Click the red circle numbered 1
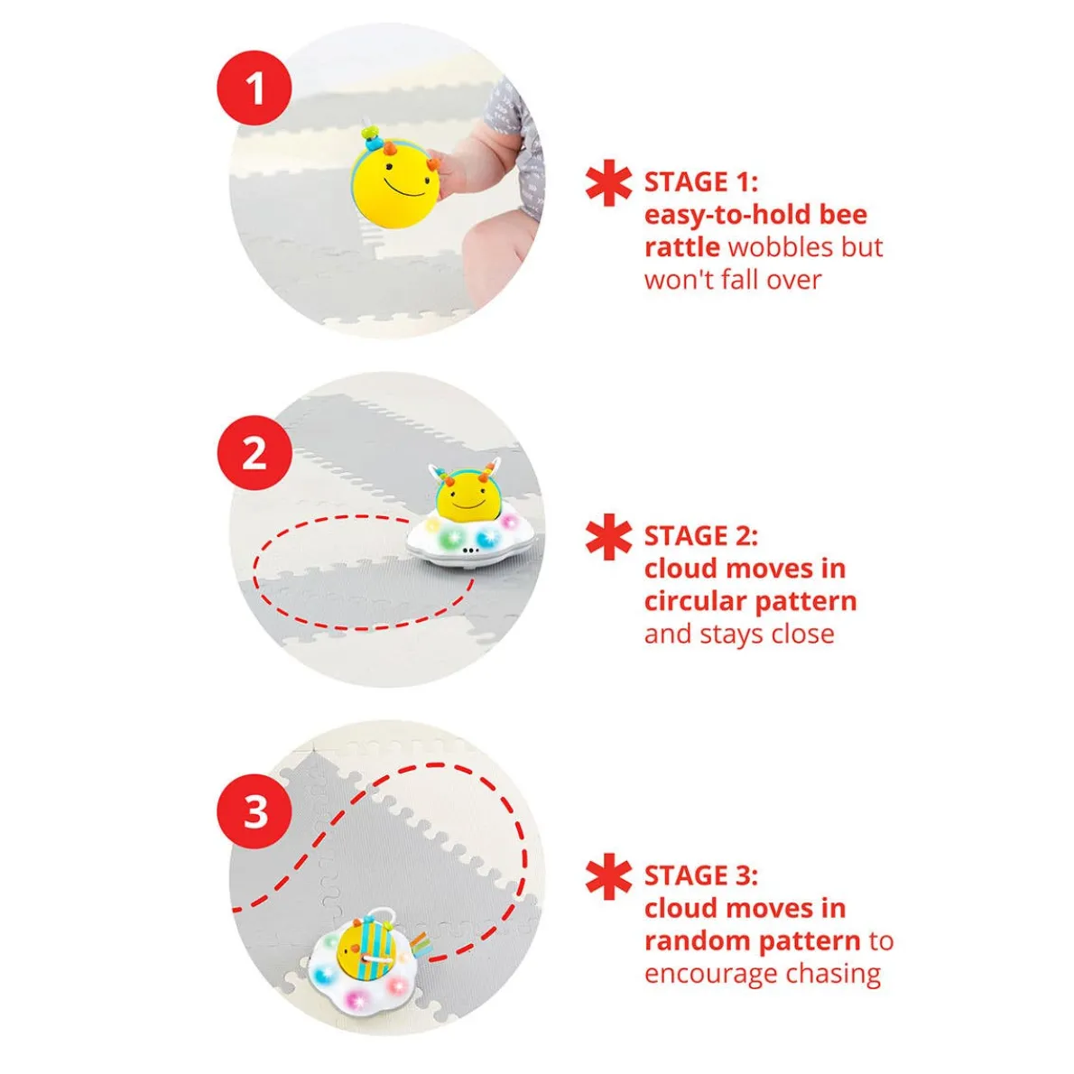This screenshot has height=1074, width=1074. tap(255, 88)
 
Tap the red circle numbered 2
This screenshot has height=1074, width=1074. tap(255, 453)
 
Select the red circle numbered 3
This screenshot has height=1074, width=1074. tap(255, 811)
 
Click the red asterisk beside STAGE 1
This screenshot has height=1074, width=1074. tap(608, 183)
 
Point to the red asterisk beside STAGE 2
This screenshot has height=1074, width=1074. tap(608, 537)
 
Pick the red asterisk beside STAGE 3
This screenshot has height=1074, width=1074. tap(608, 876)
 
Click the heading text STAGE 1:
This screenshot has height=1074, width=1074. tap(700, 182)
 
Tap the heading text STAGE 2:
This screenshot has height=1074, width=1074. tap(700, 535)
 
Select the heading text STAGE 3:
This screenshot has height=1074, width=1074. tap(700, 875)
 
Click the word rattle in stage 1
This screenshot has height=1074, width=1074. tap(681, 247)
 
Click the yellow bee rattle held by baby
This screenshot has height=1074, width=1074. tap(395, 174)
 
